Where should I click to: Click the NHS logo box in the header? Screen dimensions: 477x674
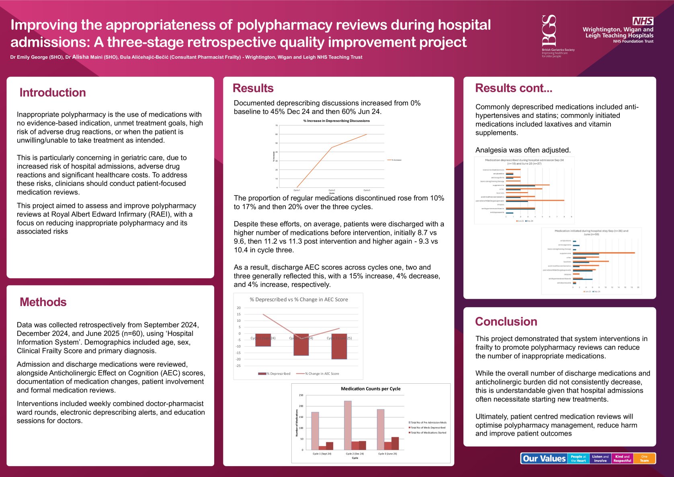point(643,21)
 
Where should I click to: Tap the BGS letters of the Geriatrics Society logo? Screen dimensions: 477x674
point(549,30)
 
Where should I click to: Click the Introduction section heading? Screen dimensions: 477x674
point(53,93)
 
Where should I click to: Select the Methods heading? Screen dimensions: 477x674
point(43,302)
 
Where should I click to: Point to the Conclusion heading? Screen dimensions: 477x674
point(506,321)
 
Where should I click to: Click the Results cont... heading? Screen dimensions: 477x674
point(514,88)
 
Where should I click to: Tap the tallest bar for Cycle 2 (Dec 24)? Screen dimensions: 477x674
point(348,425)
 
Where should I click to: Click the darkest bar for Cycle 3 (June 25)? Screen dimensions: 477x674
point(395,443)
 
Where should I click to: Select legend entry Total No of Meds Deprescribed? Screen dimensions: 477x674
point(428,428)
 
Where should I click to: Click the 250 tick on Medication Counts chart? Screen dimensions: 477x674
point(301,395)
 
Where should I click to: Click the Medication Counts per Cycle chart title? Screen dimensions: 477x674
point(371,389)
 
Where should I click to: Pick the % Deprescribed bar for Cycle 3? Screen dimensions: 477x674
point(339,346)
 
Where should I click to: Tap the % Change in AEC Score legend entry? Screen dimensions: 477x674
point(322,374)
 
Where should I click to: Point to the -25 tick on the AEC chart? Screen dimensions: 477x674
point(238,366)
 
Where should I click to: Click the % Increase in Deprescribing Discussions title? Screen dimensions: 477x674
point(336,121)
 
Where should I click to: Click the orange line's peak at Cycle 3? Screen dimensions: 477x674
point(367,134)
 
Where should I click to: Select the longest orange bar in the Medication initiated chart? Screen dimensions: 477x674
point(604,253)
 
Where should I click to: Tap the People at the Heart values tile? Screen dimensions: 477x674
point(578,458)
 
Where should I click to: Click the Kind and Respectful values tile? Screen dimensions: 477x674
point(622,458)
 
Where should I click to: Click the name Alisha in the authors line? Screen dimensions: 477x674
point(80,57)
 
